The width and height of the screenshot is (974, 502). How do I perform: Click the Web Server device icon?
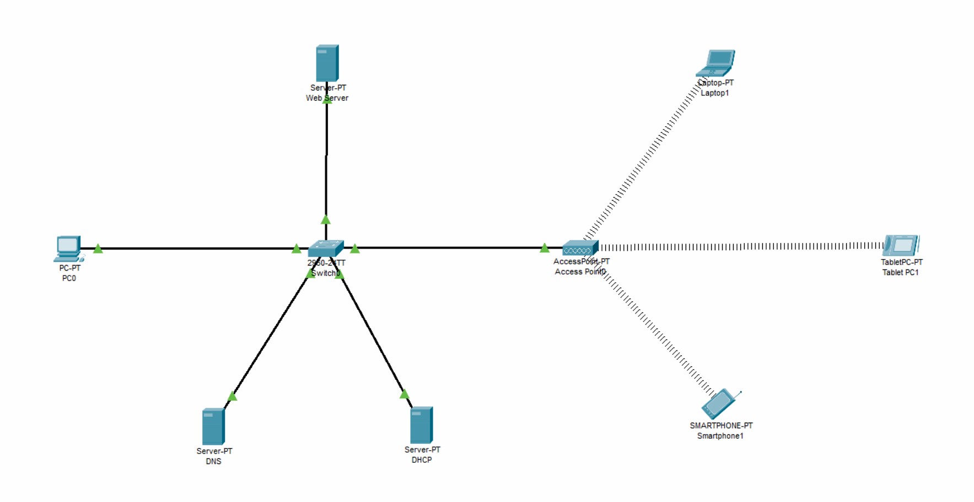pyautogui.click(x=327, y=63)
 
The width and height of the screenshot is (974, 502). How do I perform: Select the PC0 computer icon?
pyautogui.click(x=68, y=249)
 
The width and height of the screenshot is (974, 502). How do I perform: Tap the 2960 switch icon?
pyautogui.click(x=326, y=249)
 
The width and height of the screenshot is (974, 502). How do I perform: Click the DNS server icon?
pyautogui.click(x=213, y=427)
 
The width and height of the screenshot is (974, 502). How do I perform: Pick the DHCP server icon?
pyautogui.click(x=422, y=425)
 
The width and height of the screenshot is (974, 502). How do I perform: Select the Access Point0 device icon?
pyautogui.click(x=580, y=248)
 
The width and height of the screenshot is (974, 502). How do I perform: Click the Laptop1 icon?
pyautogui.click(x=716, y=63)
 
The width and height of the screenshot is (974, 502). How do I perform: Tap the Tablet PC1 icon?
pyautogui.click(x=901, y=245)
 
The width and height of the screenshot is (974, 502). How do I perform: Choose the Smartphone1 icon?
pyautogui.click(x=719, y=404)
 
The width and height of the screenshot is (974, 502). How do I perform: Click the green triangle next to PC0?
pyautogui.click(x=98, y=249)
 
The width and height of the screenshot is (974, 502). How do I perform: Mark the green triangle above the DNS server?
pyautogui.click(x=233, y=396)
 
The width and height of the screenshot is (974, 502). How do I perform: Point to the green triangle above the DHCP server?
pyautogui.click(x=405, y=394)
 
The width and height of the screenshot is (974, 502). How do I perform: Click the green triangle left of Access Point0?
pyautogui.click(x=545, y=248)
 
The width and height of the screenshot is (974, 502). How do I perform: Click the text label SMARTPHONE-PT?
pyautogui.click(x=720, y=425)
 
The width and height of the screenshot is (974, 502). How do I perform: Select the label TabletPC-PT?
pyautogui.click(x=901, y=262)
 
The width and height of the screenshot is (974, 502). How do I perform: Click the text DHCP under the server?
pyautogui.click(x=422, y=460)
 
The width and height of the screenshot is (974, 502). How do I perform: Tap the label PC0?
pyautogui.click(x=69, y=278)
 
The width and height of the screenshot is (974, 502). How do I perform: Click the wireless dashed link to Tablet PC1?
pyautogui.click(x=739, y=246)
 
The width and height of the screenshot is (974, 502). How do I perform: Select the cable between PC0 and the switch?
pyautogui.click(x=193, y=249)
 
